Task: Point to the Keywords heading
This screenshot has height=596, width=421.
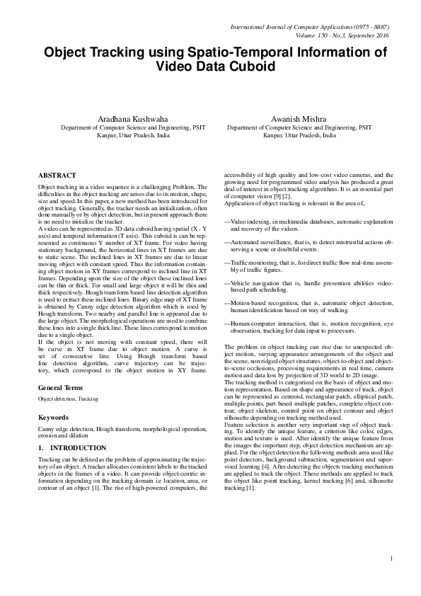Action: (x=53, y=418)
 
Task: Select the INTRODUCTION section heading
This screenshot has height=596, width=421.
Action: (x=65, y=448)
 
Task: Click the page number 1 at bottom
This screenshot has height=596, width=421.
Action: (x=391, y=559)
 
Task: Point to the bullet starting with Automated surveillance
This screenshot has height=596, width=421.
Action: (x=308, y=246)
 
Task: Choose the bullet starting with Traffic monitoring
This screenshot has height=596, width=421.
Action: (x=308, y=266)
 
